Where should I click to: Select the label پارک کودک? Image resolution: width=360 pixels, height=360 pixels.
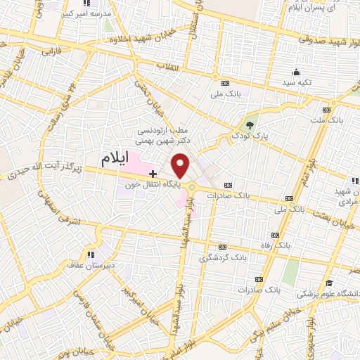point(251,134)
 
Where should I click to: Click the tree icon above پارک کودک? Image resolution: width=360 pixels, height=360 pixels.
point(251,124)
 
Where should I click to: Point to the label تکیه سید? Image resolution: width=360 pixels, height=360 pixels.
point(297,83)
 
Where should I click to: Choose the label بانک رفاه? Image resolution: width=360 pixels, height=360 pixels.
point(275,245)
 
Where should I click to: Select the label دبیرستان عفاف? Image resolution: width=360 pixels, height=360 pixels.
point(89,265)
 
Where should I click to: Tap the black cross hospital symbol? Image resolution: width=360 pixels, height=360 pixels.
point(153,172)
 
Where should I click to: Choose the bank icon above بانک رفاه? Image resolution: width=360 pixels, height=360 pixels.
point(275,235)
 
